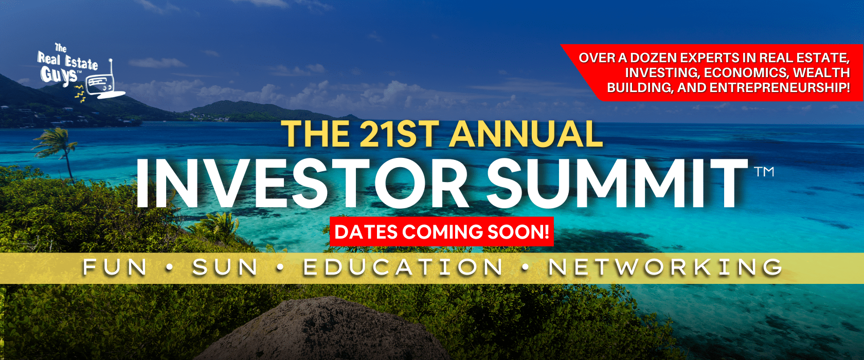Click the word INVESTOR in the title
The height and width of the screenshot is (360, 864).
pyautogui.click(x=301, y=183)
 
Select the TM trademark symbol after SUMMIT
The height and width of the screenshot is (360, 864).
pyautogui.click(x=764, y=172)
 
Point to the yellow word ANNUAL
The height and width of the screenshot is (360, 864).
pyautogui.click(x=527, y=134)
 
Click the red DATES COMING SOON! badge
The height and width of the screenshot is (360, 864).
pyautogui.click(x=442, y=231)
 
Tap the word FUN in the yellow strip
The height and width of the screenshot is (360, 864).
pyautogui.click(x=115, y=267)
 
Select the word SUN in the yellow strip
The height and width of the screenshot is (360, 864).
pyautogui.click(x=225, y=267)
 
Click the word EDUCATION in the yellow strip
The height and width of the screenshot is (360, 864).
pyautogui.click(x=403, y=267)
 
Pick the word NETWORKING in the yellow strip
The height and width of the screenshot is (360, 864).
pyautogui.click(x=665, y=267)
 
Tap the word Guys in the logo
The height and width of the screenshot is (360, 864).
pyautogui.click(x=60, y=75)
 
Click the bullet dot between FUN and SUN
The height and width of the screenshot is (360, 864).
pyautogui.click(x=169, y=267)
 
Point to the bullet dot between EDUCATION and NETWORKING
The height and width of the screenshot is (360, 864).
pyautogui.click(x=525, y=267)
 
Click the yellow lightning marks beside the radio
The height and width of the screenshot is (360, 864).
pyautogui.click(x=79, y=93)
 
